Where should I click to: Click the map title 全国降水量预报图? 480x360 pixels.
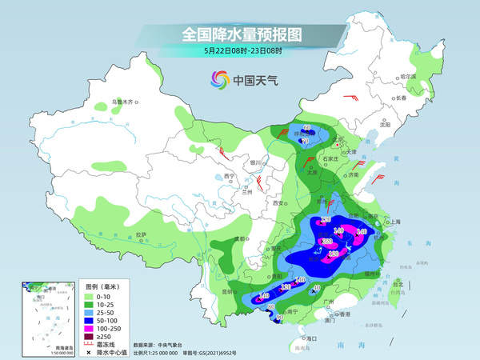coord(240,34)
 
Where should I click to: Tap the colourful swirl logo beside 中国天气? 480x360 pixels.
coord(219,79)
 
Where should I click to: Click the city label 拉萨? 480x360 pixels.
coord(141,234)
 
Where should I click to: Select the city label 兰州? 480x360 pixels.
coord(246,192)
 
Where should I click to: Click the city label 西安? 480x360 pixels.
coord(279,205)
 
